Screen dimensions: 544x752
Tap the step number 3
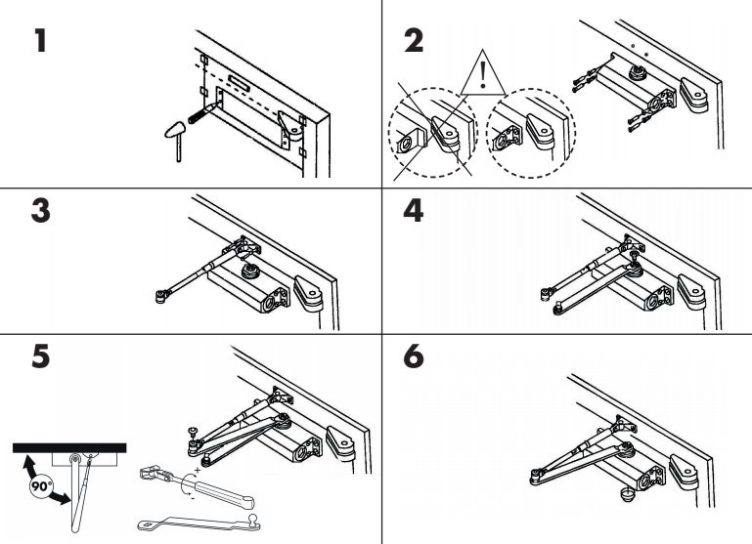40,214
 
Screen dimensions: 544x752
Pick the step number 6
415,358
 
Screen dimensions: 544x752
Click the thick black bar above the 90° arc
68,448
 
